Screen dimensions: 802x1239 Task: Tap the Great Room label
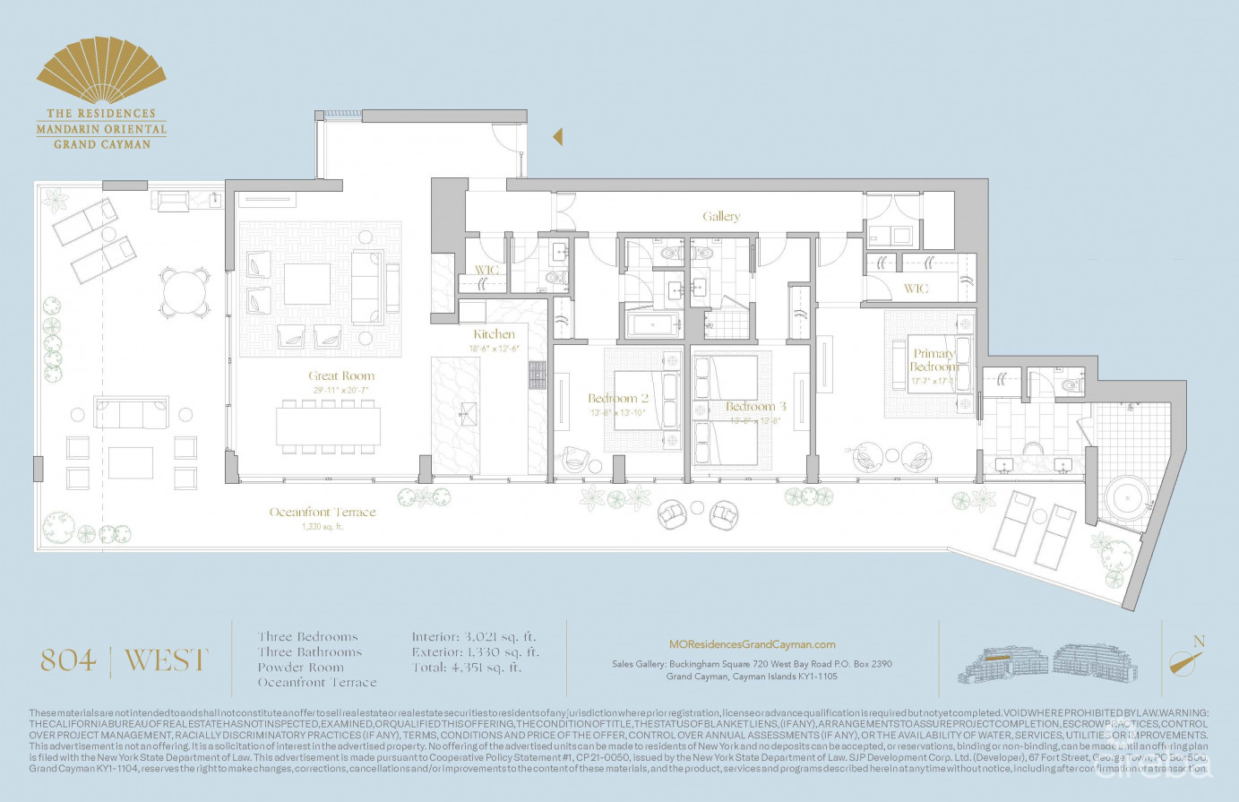pyautogui.click(x=341, y=376)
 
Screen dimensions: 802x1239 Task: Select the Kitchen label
pyautogui.click(x=495, y=334)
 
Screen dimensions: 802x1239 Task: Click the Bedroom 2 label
pyautogui.click(x=618, y=399)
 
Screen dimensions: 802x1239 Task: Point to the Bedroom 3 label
pyautogui.click(x=756, y=407)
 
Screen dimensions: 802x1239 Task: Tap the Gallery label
pyautogui.click(x=721, y=217)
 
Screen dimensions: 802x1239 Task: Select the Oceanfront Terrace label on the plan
pyautogui.click(x=323, y=513)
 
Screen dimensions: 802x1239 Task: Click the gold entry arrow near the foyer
pyautogui.click(x=557, y=136)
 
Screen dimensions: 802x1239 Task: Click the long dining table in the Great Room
pyautogui.click(x=328, y=427)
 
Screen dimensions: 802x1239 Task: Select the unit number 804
pyautogui.click(x=68, y=661)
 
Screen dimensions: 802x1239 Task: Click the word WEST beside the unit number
pyautogui.click(x=166, y=661)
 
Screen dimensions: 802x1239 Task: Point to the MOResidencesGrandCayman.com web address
pyautogui.click(x=752, y=644)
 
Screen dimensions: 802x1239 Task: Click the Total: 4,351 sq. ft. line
pyautogui.click(x=466, y=668)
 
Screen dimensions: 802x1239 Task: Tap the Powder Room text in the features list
pyautogui.click(x=300, y=668)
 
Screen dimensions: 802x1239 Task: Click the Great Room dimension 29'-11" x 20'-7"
pyautogui.click(x=341, y=391)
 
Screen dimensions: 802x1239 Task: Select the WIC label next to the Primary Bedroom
pyautogui.click(x=916, y=289)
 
